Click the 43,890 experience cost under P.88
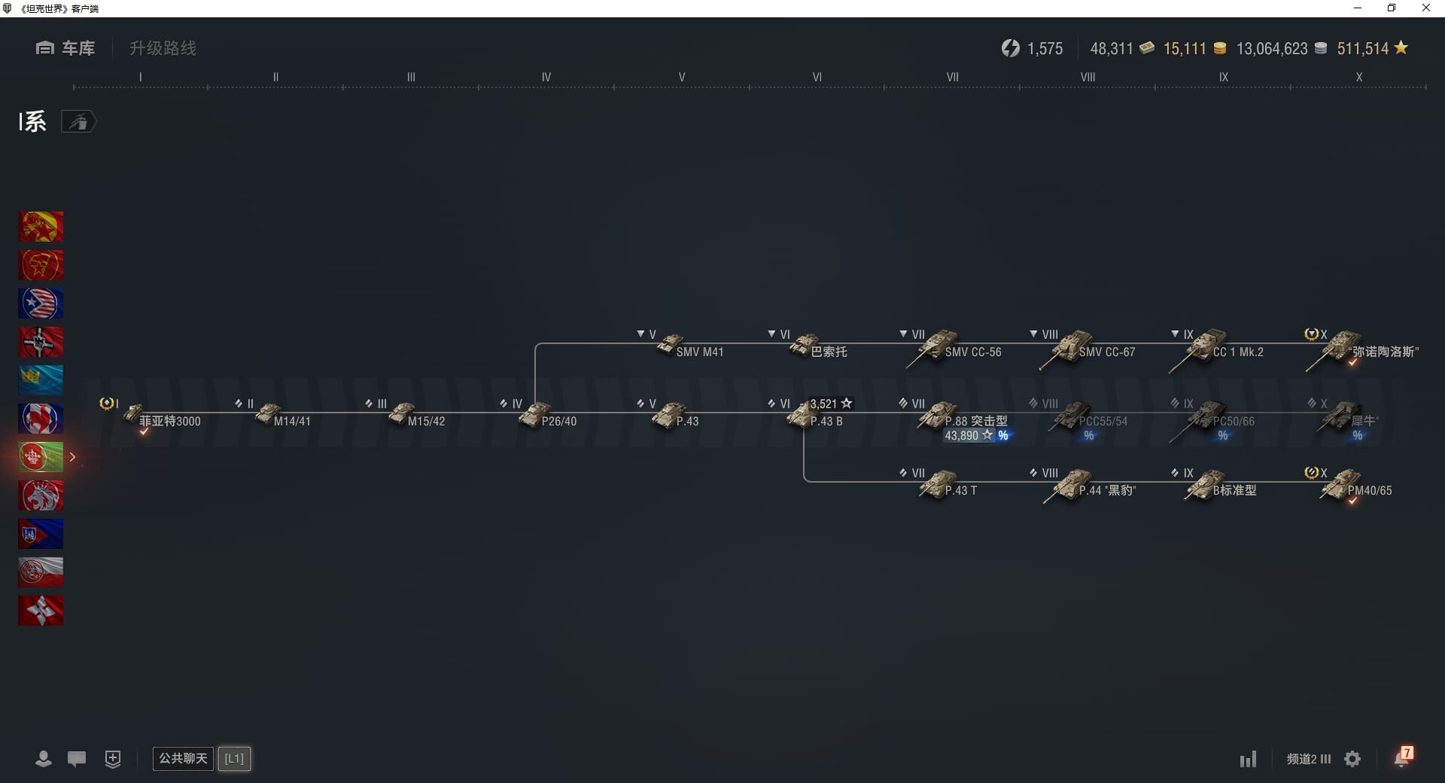point(961,436)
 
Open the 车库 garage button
point(65,48)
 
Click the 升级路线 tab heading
point(163,48)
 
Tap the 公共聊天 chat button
point(183,758)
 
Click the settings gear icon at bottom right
point(1352,759)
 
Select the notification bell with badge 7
point(1402,757)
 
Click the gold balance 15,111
point(1185,49)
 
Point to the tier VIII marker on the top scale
point(1088,77)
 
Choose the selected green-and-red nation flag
point(41,457)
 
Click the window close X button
point(1425,8)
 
